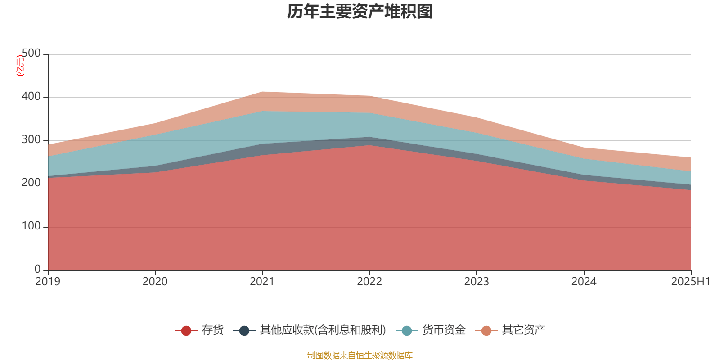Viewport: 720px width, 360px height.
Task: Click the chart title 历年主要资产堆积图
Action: point(360,12)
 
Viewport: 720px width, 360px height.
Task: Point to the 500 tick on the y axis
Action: point(31,54)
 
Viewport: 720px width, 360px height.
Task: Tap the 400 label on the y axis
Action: point(31,97)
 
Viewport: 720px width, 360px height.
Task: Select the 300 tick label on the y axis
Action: point(31,140)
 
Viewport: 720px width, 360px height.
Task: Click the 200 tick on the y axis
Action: point(31,183)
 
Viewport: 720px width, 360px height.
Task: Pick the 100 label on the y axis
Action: point(31,226)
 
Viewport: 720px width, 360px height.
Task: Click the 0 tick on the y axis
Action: point(38,270)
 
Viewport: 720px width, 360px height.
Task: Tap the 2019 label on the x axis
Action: point(48,282)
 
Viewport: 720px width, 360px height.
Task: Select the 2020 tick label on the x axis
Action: point(155,282)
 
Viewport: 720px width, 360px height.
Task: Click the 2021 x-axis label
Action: point(262,282)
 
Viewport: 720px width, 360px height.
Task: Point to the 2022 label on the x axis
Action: point(369,282)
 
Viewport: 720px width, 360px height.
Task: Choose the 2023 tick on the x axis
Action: point(477,282)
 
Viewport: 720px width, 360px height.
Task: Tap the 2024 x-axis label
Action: point(584,282)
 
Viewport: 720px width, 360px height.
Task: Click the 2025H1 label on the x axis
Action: point(690,282)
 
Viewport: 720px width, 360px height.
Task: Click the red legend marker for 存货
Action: point(186,331)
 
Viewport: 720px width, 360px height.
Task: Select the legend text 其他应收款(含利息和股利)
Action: point(323,330)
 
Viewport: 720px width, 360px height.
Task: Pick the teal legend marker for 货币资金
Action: point(407,331)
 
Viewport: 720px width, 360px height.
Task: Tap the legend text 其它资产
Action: point(523,330)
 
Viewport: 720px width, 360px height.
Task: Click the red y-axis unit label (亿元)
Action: point(20,66)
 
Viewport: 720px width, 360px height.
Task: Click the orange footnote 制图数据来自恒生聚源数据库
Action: point(360,355)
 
